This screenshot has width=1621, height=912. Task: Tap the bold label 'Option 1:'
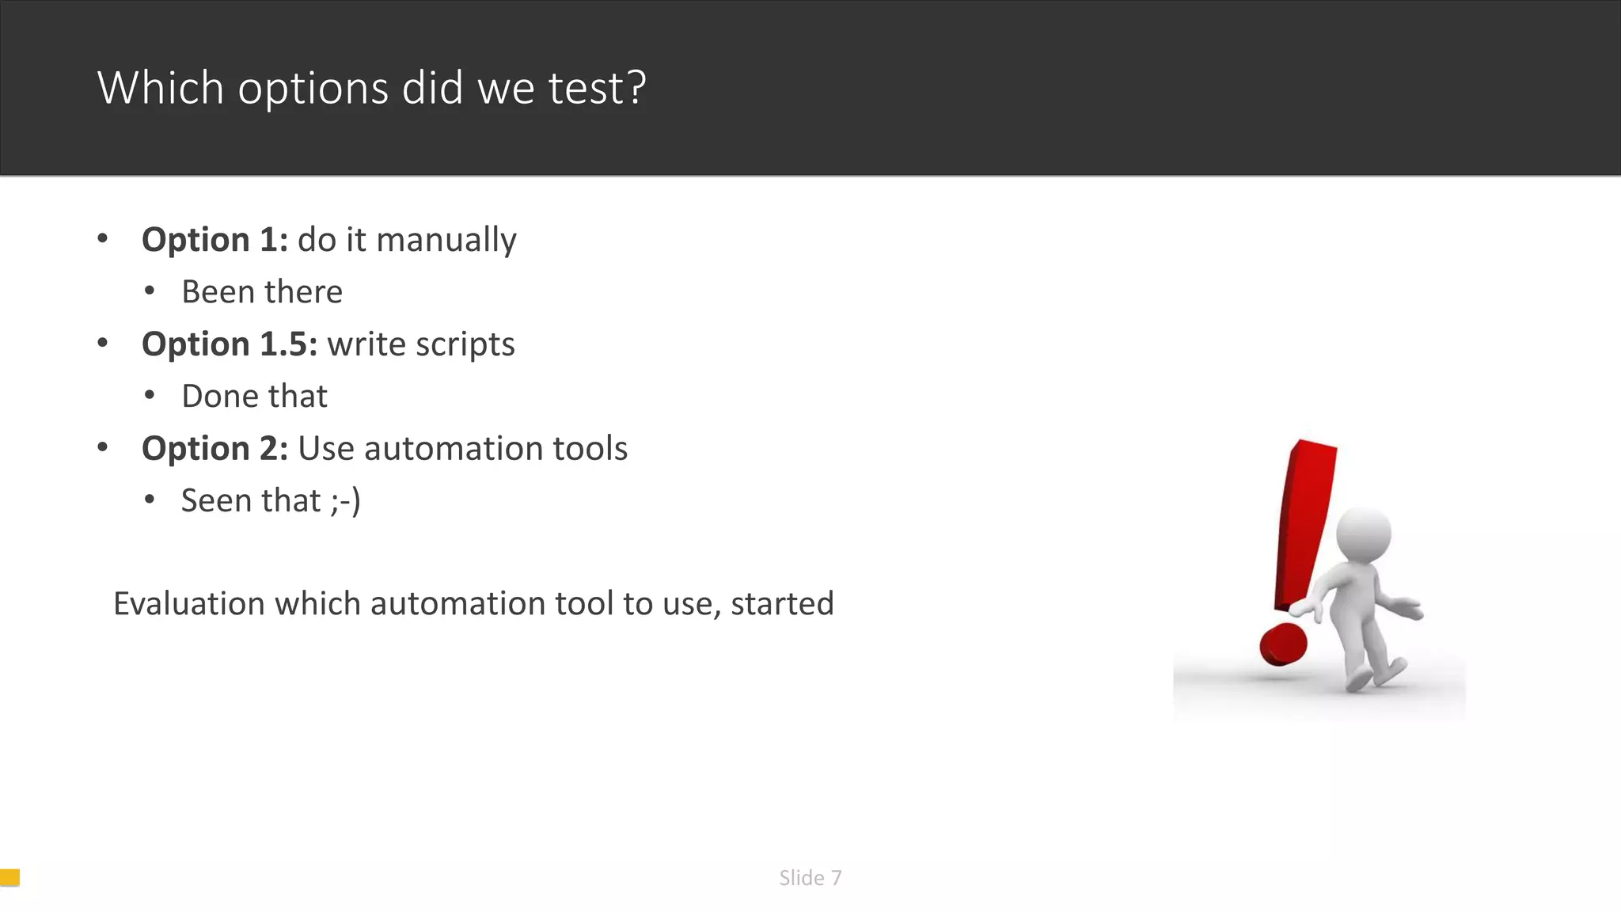click(x=214, y=240)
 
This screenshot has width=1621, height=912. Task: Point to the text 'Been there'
click(x=262, y=292)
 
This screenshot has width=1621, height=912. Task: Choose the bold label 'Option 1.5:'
click(x=230, y=344)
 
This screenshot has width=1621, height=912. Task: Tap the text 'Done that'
click(x=254, y=397)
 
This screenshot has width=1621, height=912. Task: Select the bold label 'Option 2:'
click(x=214, y=449)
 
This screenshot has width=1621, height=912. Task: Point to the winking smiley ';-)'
click(x=346, y=501)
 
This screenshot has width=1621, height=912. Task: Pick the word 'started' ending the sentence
click(x=782, y=604)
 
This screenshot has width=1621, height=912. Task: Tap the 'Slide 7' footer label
click(x=810, y=878)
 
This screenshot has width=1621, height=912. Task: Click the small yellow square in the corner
click(x=9, y=877)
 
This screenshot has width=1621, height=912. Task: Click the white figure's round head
click(x=1363, y=535)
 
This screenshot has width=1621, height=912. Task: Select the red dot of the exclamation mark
click(x=1283, y=644)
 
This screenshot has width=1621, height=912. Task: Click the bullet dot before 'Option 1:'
click(x=103, y=238)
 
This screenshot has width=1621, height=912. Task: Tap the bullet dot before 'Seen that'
click(x=150, y=500)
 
